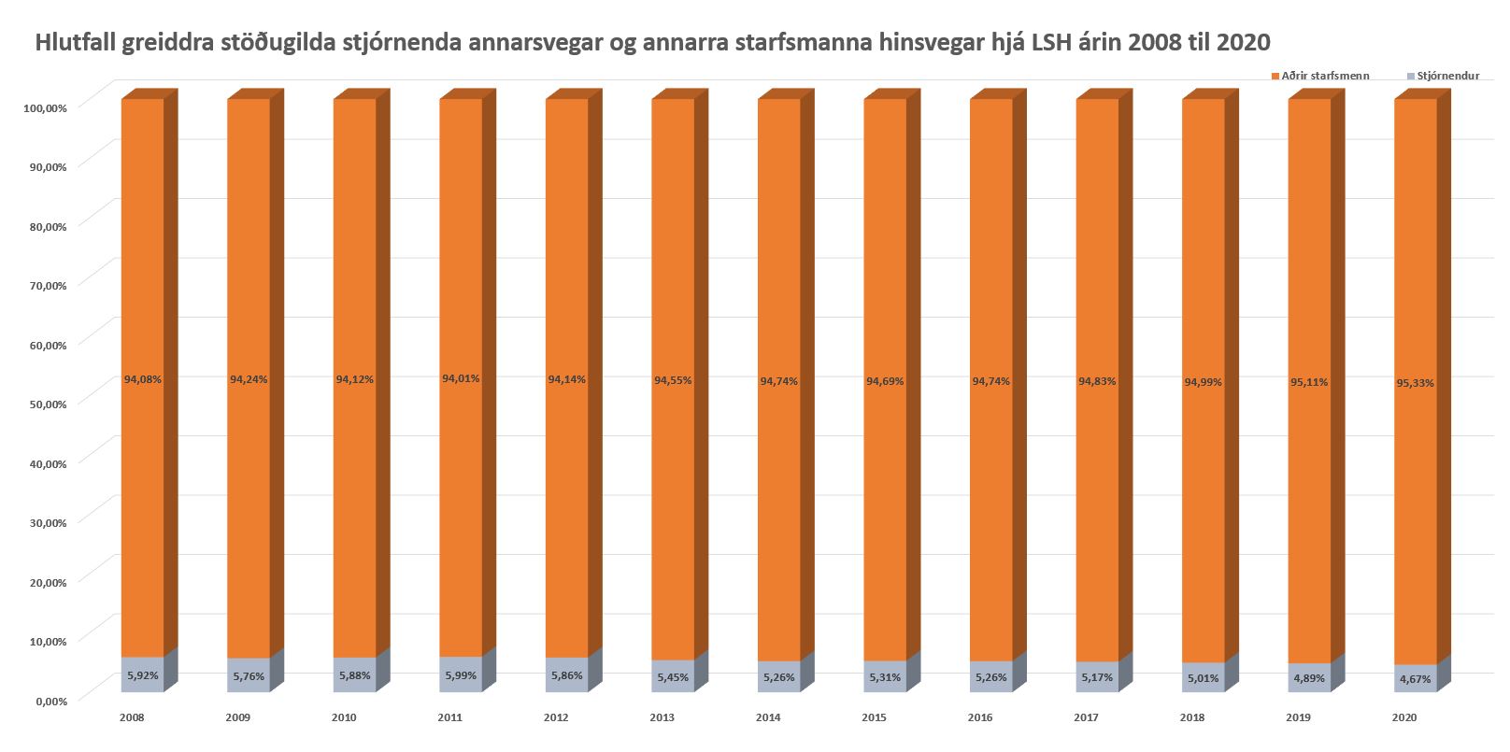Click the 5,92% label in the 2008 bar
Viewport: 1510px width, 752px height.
coord(142,674)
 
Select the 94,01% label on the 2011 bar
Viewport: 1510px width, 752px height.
coord(461,378)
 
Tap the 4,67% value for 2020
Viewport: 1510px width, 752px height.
coord(1416,679)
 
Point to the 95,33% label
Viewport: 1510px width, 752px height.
coord(1416,383)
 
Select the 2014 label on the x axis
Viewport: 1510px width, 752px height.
coord(768,718)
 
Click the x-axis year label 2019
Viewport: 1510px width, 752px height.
coord(1299,718)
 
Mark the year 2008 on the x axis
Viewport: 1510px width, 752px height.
coord(132,718)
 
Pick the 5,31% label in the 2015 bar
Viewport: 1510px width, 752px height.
coord(885,676)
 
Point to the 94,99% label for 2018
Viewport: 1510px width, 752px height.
coord(1204,382)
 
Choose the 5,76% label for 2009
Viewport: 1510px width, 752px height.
coord(249,675)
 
